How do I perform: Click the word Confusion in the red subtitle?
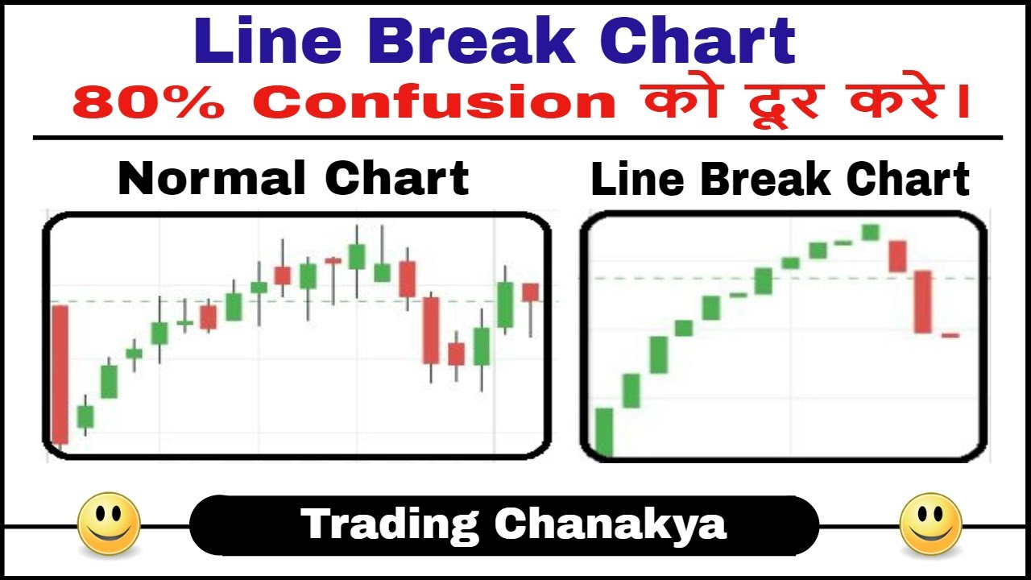tap(434, 101)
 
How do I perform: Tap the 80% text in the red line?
tap(148, 101)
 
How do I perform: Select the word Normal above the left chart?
tap(212, 179)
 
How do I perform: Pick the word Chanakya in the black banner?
tap(611, 524)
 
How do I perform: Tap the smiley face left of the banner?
tap(109, 524)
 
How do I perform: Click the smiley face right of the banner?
tap(930, 524)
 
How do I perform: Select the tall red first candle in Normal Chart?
tap(60, 375)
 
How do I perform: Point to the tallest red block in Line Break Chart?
tap(922, 302)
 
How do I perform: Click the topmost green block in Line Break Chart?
tap(871, 233)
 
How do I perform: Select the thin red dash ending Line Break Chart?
tap(950, 336)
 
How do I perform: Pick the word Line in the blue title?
tap(268, 40)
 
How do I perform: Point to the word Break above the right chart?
tap(766, 179)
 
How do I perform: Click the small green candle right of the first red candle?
tap(85, 416)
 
